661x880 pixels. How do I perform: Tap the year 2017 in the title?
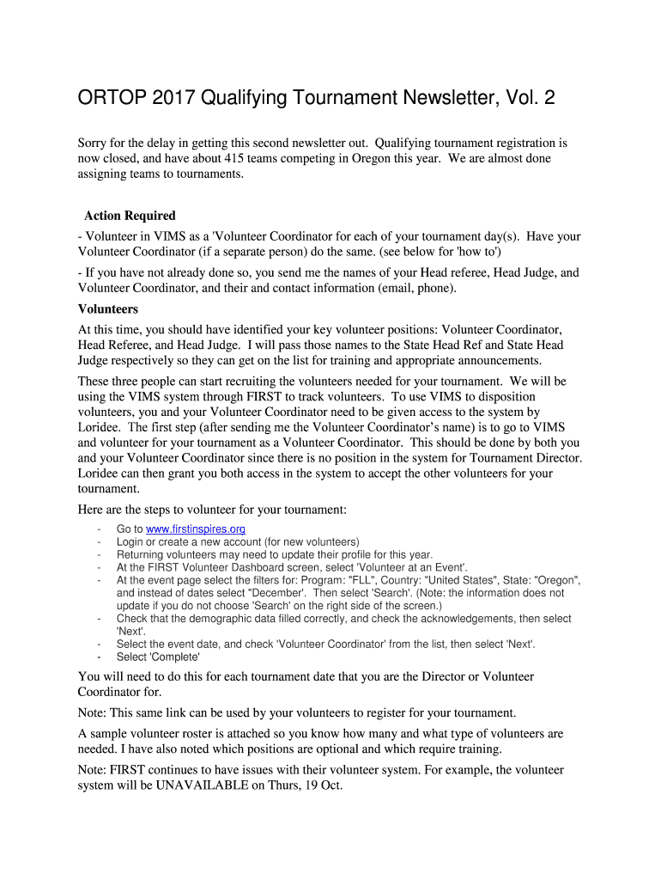click(173, 99)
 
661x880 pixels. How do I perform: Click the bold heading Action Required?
click(130, 216)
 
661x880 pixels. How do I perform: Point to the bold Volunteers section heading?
click(108, 309)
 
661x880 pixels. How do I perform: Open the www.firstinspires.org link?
click(196, 529)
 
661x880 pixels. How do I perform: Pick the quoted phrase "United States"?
click(462, 580)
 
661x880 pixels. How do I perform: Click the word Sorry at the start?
click(94, 143)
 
